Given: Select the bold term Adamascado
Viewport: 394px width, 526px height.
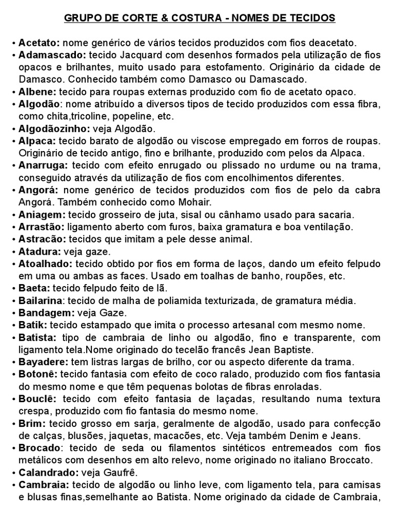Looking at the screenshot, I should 52,55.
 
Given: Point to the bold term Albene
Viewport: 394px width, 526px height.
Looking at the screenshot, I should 36,92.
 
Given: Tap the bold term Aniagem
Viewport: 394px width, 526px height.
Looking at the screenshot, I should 41,214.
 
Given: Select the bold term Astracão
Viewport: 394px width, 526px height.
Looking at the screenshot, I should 42,239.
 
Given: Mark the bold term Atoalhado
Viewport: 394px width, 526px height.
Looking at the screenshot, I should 45,264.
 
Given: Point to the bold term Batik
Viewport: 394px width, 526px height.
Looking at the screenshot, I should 33,325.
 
